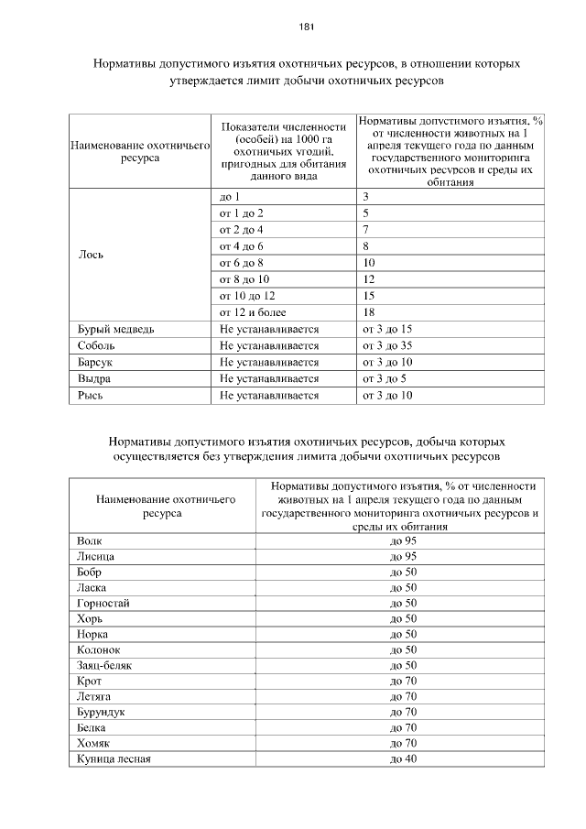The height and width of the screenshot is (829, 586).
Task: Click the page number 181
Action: click(x=307, y=27)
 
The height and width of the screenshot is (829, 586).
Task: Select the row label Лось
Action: click(x=90, y=255)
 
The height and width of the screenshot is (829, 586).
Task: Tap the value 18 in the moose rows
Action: click(x=369, y=312)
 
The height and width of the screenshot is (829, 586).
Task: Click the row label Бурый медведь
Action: click(x=109, y=329)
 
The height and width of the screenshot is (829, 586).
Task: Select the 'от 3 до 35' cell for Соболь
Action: click(x=388, y=345)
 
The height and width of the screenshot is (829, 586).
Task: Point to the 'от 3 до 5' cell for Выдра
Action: click(x=385, y=378)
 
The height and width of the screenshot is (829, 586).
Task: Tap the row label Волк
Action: click(x=90, y=541)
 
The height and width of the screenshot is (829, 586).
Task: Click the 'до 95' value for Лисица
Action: click(x=403, y=557)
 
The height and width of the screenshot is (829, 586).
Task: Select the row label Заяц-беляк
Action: click(x=104, y=665)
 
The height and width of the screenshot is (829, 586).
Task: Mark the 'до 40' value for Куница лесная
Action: click(x=403, y=758)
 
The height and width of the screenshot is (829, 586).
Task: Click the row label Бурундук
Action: click(x=101, y=712)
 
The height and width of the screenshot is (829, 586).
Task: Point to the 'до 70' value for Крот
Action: click(x=403, y=681)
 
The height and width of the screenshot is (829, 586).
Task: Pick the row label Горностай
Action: click(x=103, y=603)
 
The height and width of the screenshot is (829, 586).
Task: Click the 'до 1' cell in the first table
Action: click(x=230, y=197)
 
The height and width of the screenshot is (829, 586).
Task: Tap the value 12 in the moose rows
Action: click(x=369, y=279)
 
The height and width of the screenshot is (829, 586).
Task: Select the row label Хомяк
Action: click(x=94, y=743)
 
